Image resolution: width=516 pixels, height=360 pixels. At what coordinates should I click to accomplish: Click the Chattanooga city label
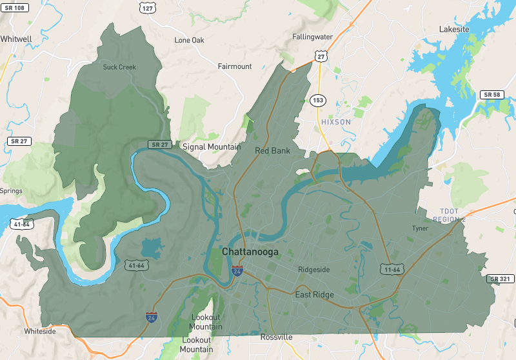point(250,252)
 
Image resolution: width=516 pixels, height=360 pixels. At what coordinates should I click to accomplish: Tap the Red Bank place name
point(272,151)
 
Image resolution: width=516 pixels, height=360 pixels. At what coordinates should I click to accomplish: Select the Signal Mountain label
point(212,147)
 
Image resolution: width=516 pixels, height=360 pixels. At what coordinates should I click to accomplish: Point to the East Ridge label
point(314,295)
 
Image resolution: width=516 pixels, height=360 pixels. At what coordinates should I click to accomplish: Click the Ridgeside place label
point(313,270)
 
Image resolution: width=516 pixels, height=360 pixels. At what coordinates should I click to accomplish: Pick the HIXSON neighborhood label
point(335,122)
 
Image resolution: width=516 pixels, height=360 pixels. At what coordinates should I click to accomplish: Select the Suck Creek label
point(119,67)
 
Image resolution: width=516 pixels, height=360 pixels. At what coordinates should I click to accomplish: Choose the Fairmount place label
point(235,66)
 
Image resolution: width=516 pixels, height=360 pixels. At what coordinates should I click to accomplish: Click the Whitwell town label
point(16,39)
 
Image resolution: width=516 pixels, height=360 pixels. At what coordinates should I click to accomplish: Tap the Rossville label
point(277,337)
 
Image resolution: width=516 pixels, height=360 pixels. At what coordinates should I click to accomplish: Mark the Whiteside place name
point(40,331)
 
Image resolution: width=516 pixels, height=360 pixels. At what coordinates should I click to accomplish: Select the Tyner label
point(420,228)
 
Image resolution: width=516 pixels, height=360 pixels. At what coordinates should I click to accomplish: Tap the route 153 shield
point(318,100)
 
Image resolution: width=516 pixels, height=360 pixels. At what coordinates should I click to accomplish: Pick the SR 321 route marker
point(501,279)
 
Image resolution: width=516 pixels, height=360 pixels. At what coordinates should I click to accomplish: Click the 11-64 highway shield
point(392,268)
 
